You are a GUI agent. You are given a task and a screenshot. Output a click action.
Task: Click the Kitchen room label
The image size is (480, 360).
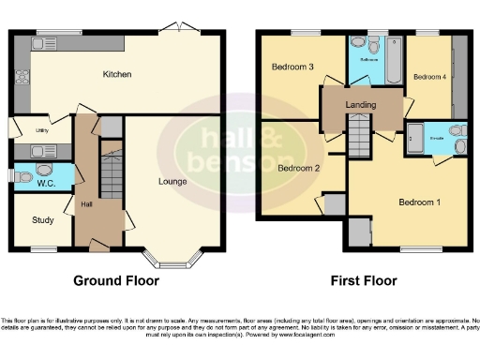(116, 74)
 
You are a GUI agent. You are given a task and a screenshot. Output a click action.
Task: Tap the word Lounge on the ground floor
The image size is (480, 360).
(172, 181)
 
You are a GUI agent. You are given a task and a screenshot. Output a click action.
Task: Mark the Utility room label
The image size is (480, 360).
(41, 130)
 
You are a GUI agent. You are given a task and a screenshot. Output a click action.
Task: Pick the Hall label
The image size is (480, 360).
(86, 203)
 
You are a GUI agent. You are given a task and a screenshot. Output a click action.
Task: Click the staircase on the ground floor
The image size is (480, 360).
(112, 173)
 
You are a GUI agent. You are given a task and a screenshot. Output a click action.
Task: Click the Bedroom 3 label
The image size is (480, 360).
(292, 67)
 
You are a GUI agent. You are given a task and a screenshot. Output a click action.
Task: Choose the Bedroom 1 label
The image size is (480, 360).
(417, 202)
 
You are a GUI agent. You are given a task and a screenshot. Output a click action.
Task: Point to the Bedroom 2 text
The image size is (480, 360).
(297, 168)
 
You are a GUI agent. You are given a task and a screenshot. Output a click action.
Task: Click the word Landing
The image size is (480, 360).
(360, 105)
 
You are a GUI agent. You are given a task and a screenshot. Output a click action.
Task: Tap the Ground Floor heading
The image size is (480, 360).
(116, 280)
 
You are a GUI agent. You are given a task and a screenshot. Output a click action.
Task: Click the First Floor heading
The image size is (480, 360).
(364, 280)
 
